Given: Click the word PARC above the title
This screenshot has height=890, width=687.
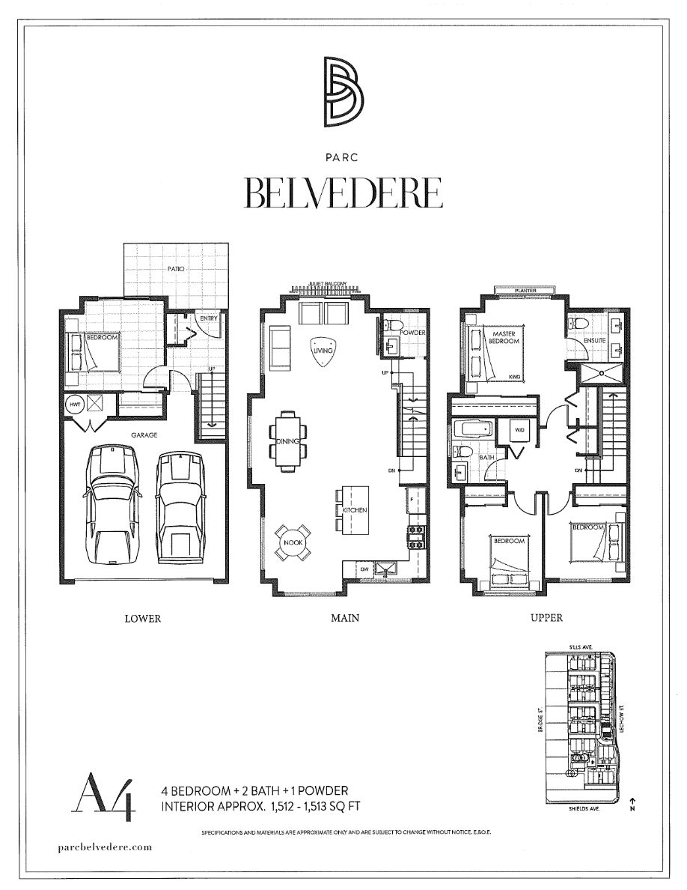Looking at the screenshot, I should (343, 158).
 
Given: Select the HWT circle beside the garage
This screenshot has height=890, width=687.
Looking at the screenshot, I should (74, 404).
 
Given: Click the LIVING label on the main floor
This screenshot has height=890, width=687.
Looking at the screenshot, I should (323, 350).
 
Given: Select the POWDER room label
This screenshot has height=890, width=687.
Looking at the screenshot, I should (412, 332).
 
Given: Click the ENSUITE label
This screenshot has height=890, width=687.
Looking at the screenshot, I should (596, 342).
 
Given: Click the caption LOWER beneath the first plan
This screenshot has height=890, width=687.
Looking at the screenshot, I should (142, 619).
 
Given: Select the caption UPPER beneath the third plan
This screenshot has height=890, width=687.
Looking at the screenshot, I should (546, 618).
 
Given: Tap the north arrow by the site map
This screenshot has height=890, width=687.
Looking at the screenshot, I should (632, 802).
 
